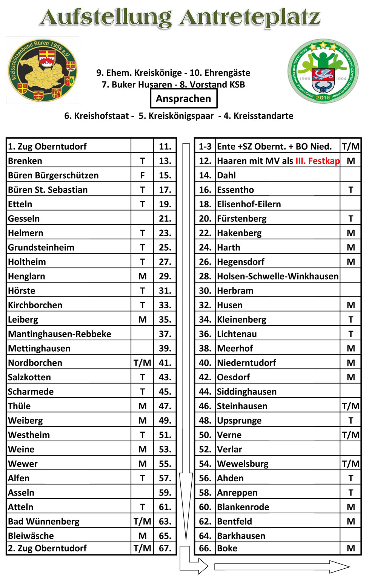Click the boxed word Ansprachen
[183, 99]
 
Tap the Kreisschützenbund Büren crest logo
[43, 70]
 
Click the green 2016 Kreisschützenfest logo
[323, 71]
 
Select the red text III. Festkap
[317, 161]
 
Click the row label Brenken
[25, 161]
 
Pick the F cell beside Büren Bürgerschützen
[142, 175]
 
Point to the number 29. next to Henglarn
[165, 276]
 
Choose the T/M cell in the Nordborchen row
[142, 363]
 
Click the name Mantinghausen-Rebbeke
[60, 334]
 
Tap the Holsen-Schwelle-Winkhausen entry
[278, 276]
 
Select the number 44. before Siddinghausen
[205, 392]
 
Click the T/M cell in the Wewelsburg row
[351, 464]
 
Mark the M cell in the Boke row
[351, 548]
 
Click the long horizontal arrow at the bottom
[281, 566]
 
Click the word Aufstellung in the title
[106, 18]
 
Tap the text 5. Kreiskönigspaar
[176, 116]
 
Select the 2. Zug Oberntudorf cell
[48, 548]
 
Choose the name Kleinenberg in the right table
[241, 320]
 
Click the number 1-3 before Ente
[205, 147]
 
